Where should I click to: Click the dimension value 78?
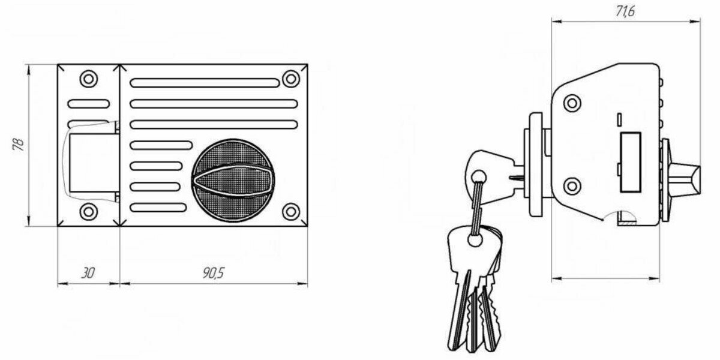(18, 145)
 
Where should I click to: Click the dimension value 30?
(88, 274)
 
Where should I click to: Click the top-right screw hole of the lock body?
(291, 78)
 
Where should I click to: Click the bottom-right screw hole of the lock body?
(291, 211)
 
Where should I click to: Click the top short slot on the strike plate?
(89, 103)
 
